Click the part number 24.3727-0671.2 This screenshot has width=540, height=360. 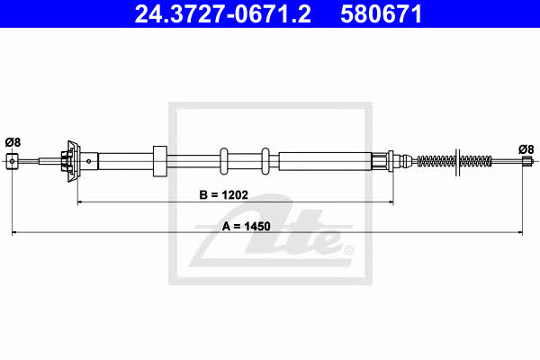click(x=222, y=14)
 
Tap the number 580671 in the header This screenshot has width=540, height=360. click(x=381, y=14)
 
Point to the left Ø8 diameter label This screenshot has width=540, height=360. click(x=13, y=142)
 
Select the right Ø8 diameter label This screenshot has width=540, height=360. click(x=526, y=149)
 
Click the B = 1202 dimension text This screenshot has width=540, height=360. click(x=223, y=195)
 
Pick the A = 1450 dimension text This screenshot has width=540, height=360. click(x=247, y=226)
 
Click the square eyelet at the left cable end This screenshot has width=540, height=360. click(x=12, y=161)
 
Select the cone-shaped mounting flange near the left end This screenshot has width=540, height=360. click(x=74, y=161)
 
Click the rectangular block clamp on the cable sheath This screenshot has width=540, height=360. click(x=160, y=161)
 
